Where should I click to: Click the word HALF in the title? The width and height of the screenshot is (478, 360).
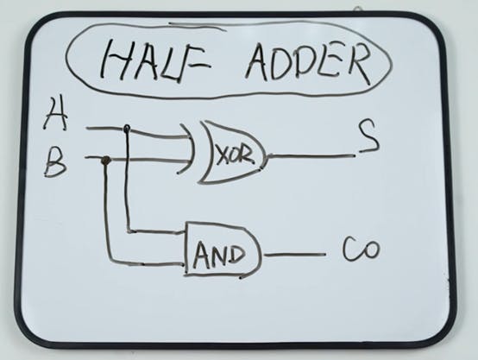[155, 63]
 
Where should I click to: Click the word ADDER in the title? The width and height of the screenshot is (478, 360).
[309, 62]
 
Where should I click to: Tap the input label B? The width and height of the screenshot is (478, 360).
[55, 162]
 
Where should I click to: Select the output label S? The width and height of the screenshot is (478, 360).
[368, 136]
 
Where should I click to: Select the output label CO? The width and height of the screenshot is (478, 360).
[362, 249]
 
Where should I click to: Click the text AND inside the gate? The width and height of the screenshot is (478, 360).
[218, 255]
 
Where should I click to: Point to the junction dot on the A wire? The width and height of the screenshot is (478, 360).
[127, 129]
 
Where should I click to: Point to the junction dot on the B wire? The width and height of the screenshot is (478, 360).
[105, 160]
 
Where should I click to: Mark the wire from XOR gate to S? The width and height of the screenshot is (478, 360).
[311, 156]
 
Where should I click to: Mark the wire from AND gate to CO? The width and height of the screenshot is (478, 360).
[294, 254]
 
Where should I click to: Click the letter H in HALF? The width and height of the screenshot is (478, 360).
[111, 63]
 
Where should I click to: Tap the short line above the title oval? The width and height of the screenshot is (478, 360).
[198, 25]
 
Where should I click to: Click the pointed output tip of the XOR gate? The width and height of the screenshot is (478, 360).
[267, 156]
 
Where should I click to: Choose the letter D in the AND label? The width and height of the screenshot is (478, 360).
[236, 255]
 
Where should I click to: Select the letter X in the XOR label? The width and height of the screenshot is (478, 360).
[221, 156]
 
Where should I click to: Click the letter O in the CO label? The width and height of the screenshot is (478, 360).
[371, 250]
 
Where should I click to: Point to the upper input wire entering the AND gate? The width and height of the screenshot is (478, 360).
[157, 231]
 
